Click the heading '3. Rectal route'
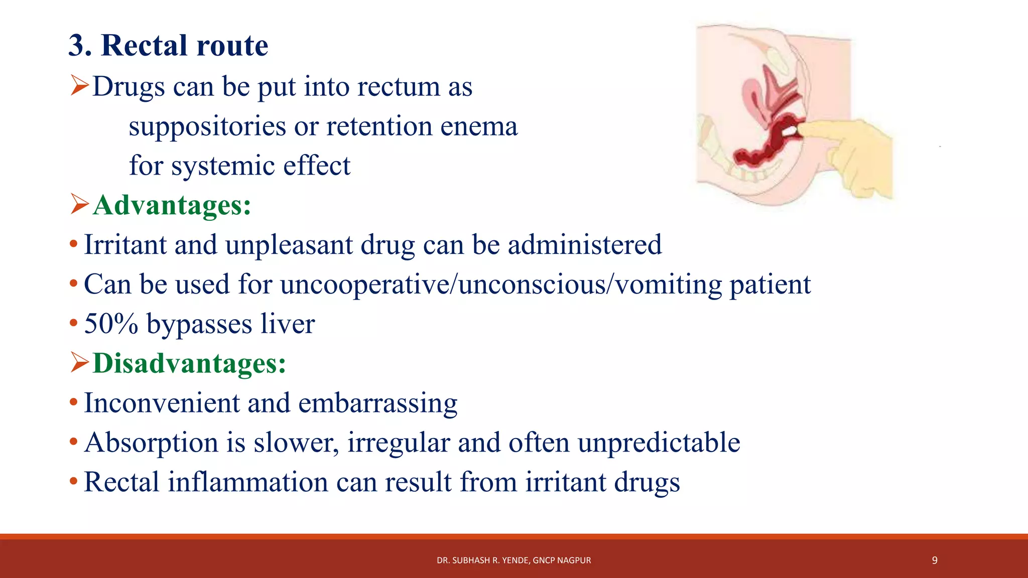[168, 45]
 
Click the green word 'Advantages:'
[172, 205]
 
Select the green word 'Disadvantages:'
[189, 363]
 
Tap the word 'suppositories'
[207, 126]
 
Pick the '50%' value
[111, 324]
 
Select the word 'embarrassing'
[377, 403]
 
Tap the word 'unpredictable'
[659, 443]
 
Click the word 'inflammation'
[247, 482]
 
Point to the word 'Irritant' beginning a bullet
[125, 245]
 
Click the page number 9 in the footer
[934, 560]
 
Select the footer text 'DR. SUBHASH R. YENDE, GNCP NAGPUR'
[513, 560]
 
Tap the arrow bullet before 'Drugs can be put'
[79, 85]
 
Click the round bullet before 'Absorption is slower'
[74, 442]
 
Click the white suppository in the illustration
[790, 131]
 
